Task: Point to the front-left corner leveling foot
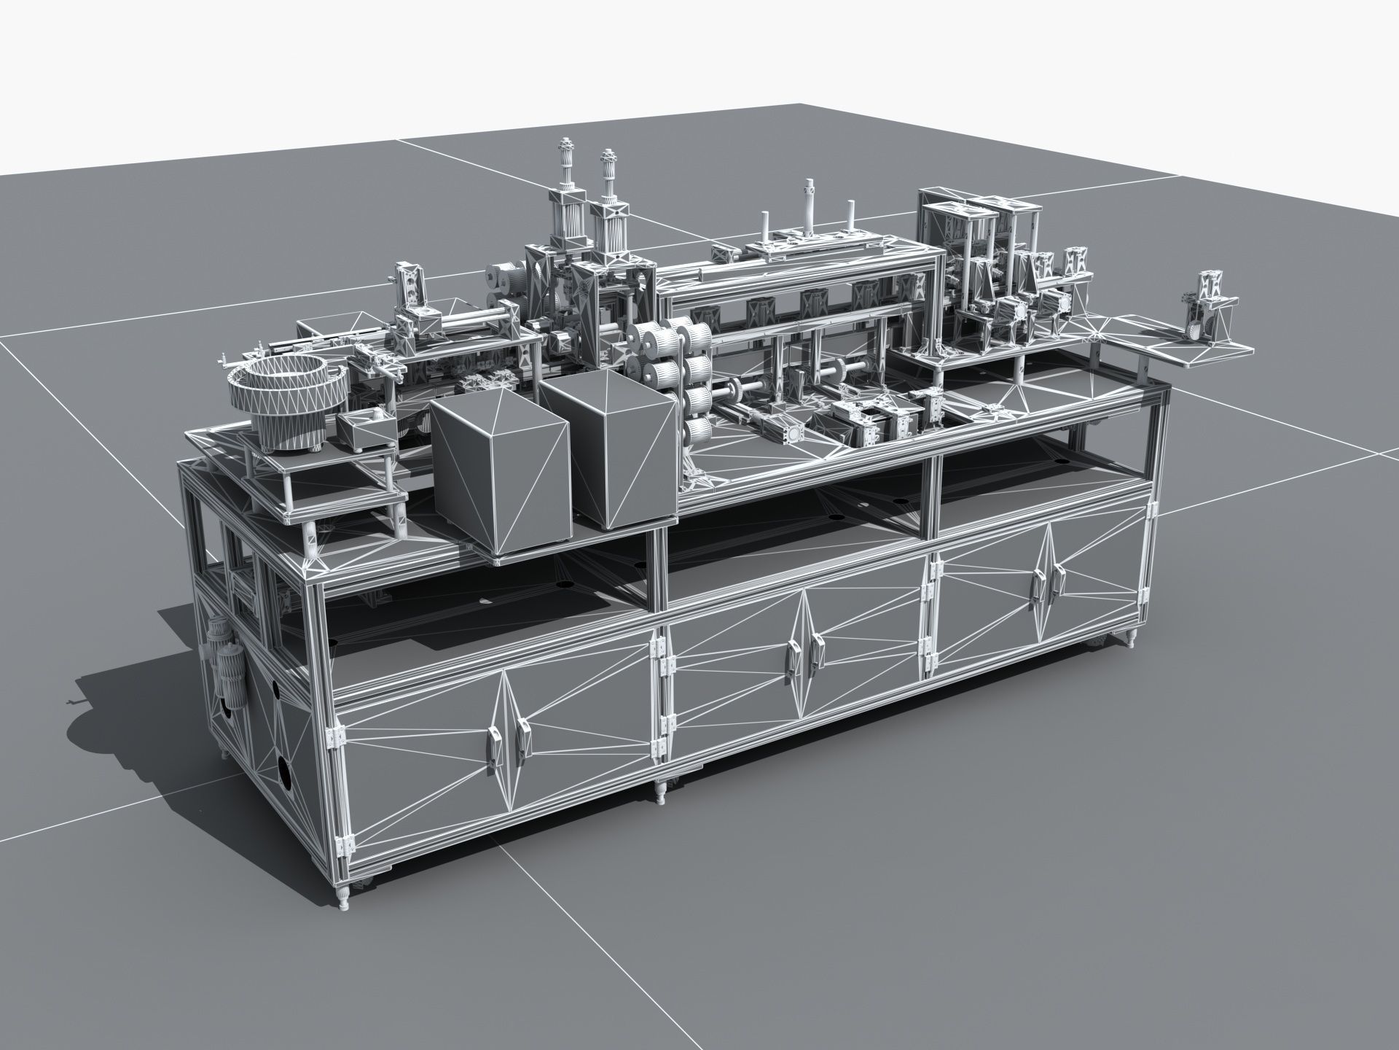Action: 343,895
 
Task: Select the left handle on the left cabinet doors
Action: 490,752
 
